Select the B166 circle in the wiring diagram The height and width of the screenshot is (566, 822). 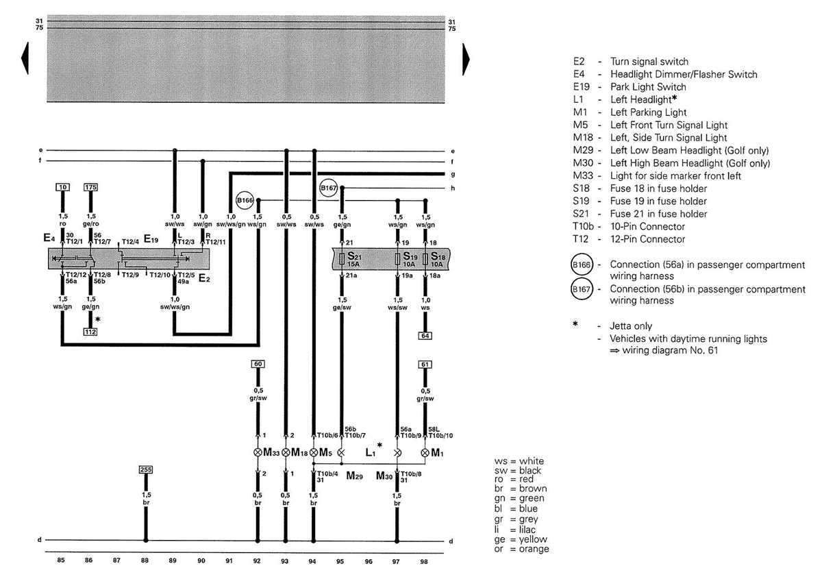coord(245,200)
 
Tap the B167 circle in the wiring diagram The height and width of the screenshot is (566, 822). coord(329,187)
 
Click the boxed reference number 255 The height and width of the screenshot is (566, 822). coord(145,470)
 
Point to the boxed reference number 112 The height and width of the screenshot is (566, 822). coord(90,332)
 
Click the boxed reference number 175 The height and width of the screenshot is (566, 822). coord(90,187)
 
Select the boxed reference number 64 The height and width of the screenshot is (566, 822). coord(425,336)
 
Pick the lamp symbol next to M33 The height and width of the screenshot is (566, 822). coord(258,453)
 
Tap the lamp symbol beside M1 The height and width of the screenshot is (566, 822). coord(425,453)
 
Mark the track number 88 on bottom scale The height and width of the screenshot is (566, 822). coord(145,561)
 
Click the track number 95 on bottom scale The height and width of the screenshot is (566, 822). coord(340,561)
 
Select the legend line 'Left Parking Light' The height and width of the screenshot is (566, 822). coord(648,112)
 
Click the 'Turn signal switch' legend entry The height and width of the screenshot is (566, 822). coord(649,62)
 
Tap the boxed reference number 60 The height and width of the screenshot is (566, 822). coord(258,364)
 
